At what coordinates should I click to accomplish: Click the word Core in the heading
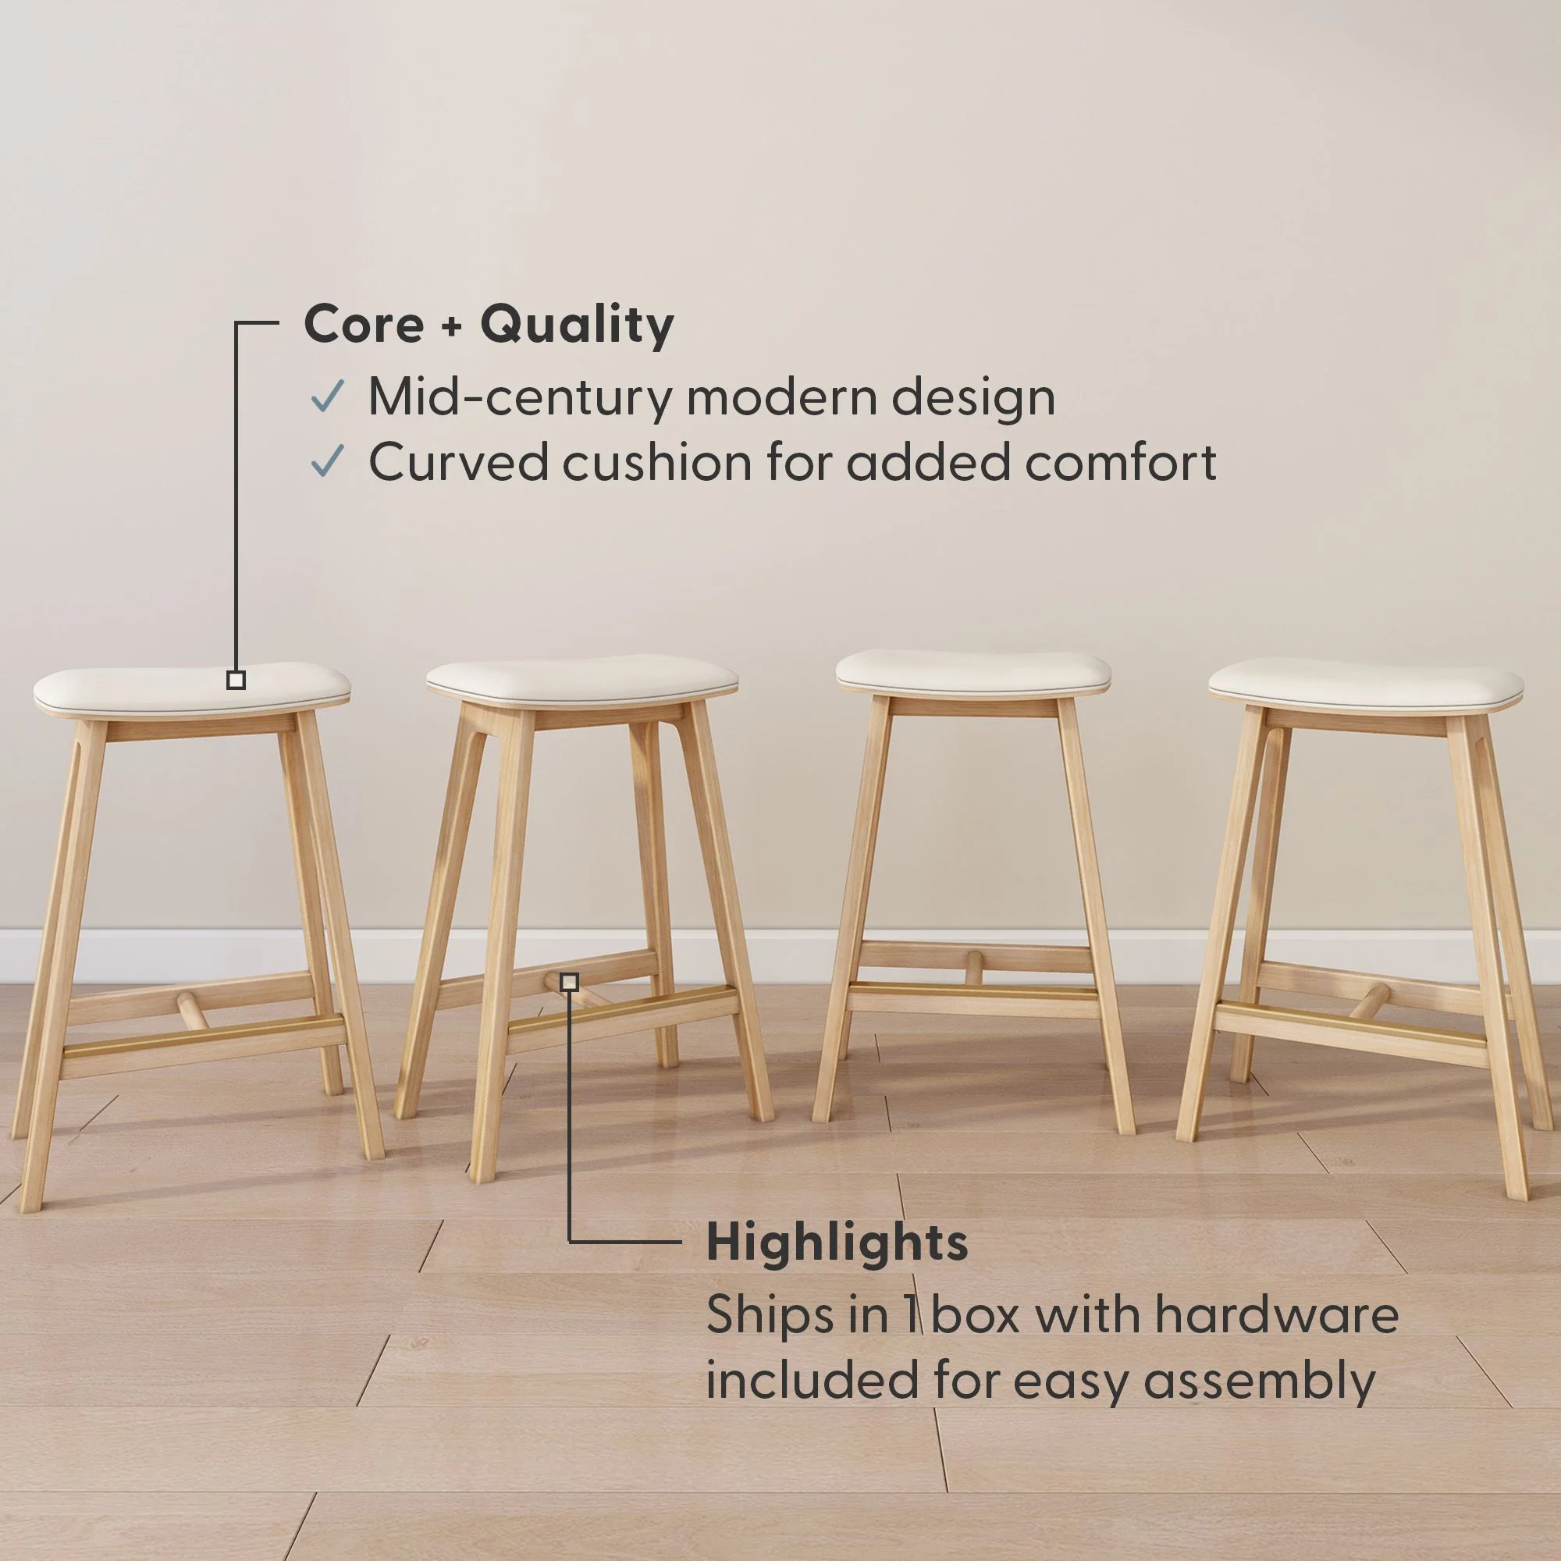363,324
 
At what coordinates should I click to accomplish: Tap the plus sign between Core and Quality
451,325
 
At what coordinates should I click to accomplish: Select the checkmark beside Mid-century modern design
327,396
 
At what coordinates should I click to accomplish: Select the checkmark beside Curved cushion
327,461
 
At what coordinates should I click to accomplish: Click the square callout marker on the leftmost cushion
236,681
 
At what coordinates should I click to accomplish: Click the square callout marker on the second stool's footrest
570,983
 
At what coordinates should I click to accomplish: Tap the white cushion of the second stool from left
581,679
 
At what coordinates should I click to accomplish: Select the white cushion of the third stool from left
973,670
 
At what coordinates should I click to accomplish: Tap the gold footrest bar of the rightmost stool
1349,1020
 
